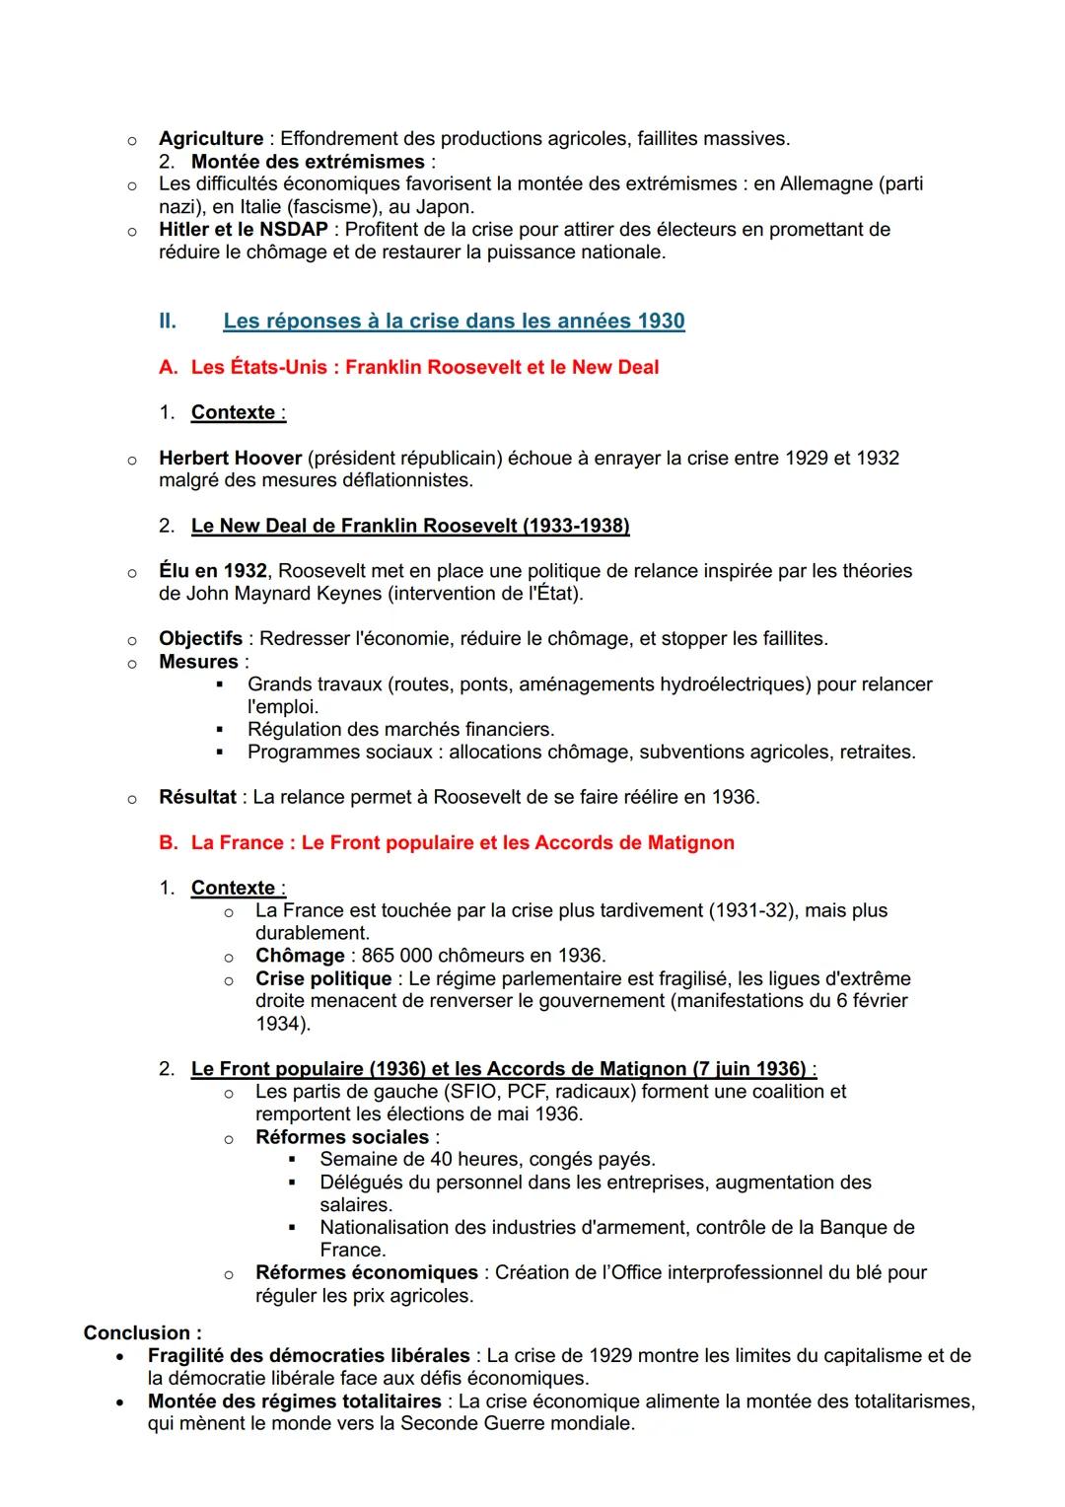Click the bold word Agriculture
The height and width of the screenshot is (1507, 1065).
tap(211, 139)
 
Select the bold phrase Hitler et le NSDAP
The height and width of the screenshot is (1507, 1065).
tap(243, 230)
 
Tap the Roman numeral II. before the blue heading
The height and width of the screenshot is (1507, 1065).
tap(168, 322)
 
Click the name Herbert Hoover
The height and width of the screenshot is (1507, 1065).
tap(230, 458)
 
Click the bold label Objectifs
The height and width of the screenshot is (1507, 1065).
tap(200, 639)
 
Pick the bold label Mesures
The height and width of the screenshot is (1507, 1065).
tap(198, 662)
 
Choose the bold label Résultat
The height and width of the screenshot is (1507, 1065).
tap(197, 797)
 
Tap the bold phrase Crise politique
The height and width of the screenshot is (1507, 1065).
tap(323, 978)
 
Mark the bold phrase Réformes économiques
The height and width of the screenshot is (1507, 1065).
tap(366, 1273)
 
